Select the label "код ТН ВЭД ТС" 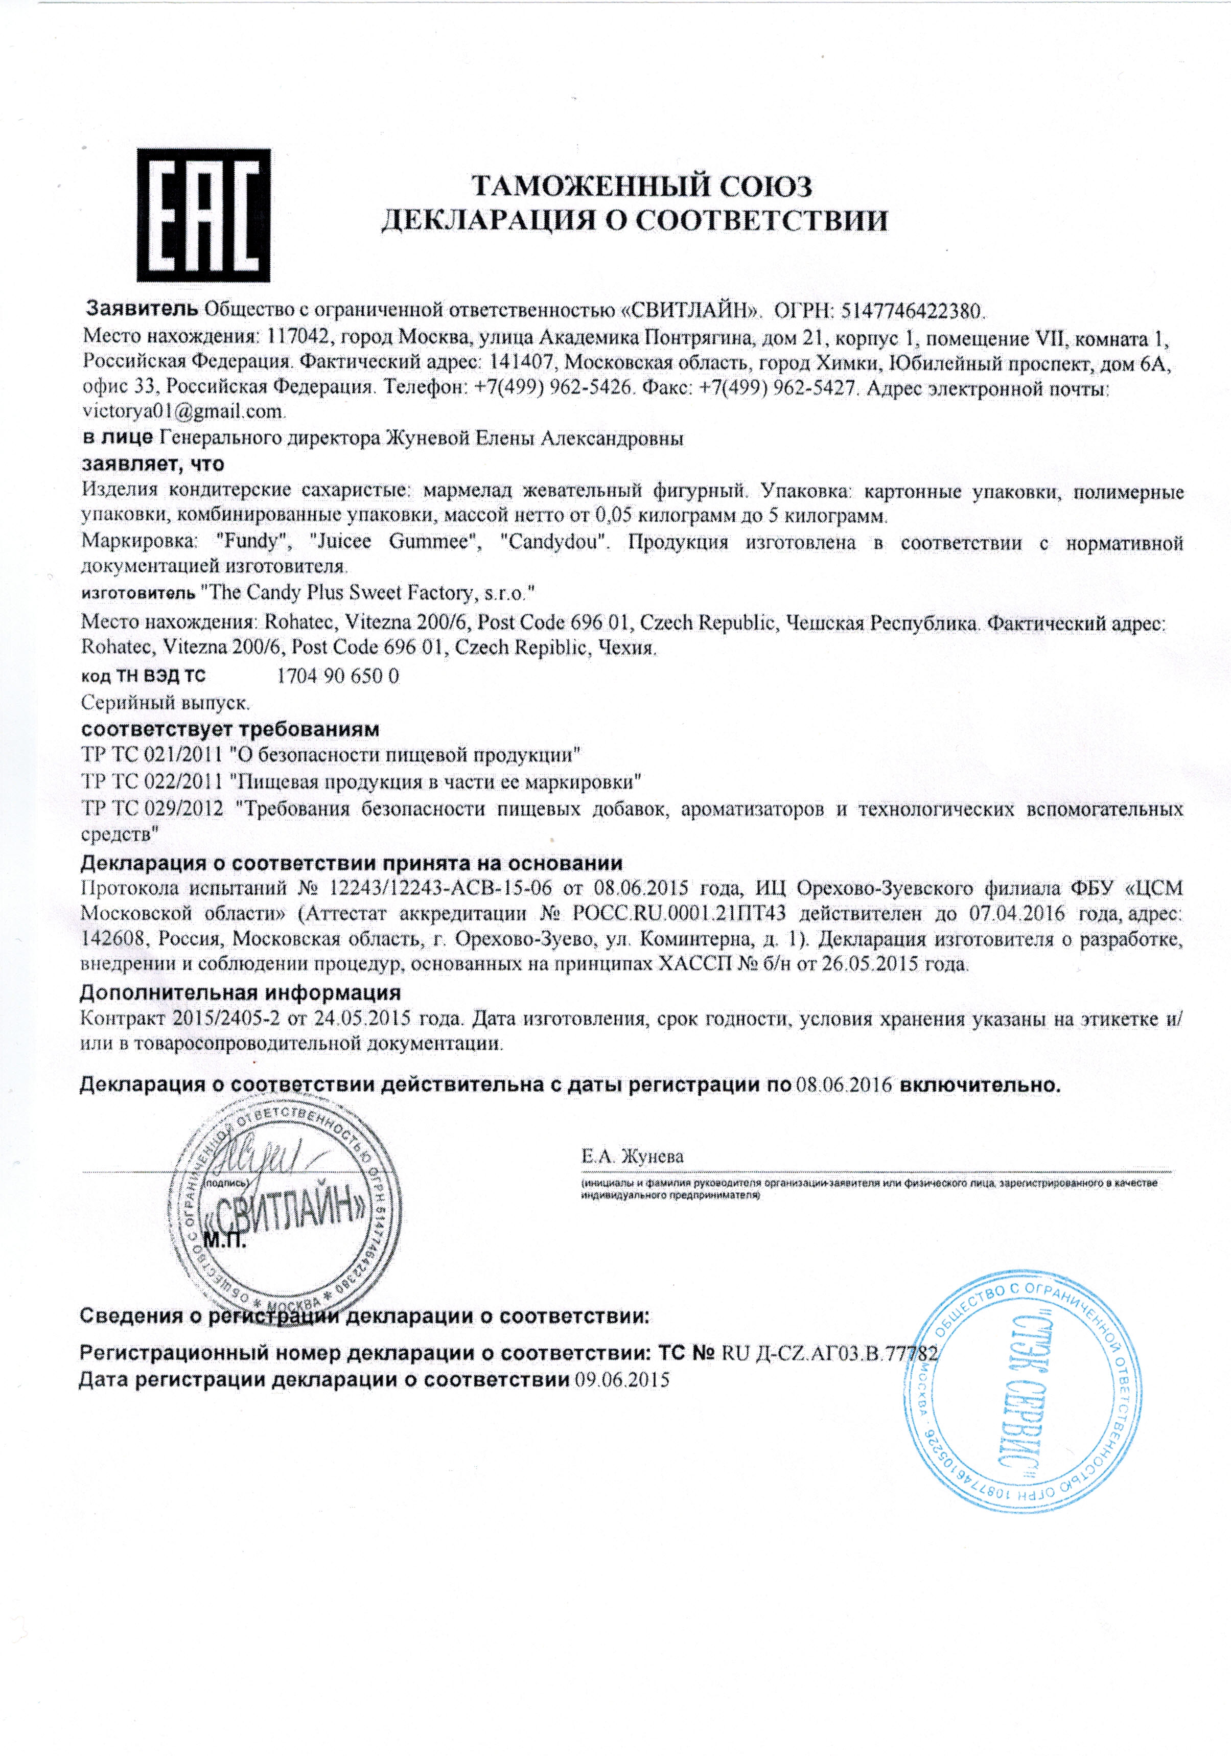(x=143, y=677)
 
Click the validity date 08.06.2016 (x=844, y=1085)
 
